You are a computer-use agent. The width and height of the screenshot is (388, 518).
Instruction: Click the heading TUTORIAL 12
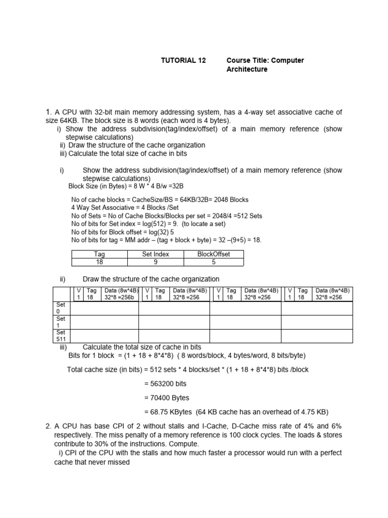[x=183, y=60]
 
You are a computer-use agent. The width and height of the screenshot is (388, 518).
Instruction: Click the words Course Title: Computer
[x=265, y=60]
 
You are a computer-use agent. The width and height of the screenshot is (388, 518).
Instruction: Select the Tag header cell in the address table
[x=99, y=254]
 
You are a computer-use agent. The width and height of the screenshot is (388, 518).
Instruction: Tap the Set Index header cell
[x=156, y=254]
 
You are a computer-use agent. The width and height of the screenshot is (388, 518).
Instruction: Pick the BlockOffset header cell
[x=214, y=254]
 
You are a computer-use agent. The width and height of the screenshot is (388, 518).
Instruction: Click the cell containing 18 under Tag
[x=99, y=262]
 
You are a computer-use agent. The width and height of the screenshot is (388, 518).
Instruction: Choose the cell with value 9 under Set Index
[x=156, y=262]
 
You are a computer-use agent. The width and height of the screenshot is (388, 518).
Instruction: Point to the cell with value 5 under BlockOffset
[x=214, y=262]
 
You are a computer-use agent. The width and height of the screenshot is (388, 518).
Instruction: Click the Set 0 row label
[x=61, y=309]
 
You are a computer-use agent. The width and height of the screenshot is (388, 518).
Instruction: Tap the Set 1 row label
[x=61, y=322]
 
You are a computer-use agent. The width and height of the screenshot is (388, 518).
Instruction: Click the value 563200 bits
[x=170, y=383]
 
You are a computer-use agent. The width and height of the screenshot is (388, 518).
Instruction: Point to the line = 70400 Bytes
[x=167, y=398]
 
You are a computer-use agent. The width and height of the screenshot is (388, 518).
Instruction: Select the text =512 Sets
[x=246, y=216]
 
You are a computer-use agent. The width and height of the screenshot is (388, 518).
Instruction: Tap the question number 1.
[x=48, y=112]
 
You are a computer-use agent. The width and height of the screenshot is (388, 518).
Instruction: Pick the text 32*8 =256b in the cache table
[x=120, y=297]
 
